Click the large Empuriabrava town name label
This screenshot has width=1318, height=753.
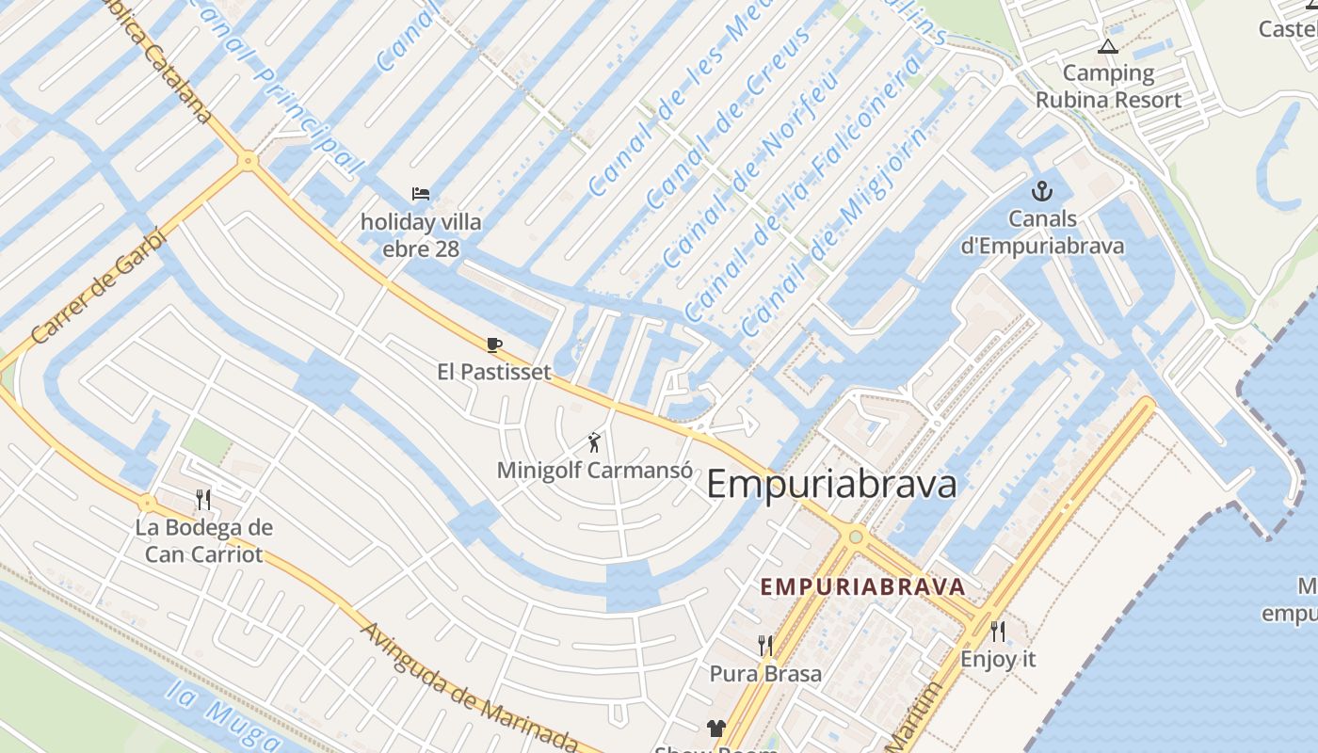pyautogui.click(x=831, y=485)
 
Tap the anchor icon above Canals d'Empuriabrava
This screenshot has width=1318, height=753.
pyautogui.click(x=1041, y=192)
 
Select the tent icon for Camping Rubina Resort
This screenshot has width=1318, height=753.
pyautogui.click(x=1108, y=46)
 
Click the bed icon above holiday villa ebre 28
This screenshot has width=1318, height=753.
pyautogui.click(x=421, y=194)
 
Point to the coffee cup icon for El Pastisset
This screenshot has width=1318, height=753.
pyautogui.click(x=494, y=344)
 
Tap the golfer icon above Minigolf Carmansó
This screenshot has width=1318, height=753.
pyautogui.click(x=593, y=441)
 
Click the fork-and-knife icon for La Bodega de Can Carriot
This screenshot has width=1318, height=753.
pyautogui.click(x=203, y=498)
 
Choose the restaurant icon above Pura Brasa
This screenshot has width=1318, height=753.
pyautogui.click(x=765, y=645)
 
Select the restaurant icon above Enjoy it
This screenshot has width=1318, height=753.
pyautogui.click(x=998, y=630)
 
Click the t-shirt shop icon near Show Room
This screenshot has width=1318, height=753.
pyautogui.click(x=716, y=728)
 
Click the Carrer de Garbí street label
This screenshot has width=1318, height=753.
pyautogui.click(x=98, y=288)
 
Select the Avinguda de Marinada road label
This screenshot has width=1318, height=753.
pyautogui.click(x=468, y=687)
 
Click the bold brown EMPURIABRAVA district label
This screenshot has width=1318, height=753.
pyautogui.click(x=862, y=587)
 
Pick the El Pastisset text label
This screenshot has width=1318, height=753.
pyautogui.click(x=494, y=372)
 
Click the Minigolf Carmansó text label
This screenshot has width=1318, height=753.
pyautogui.click(x=594, y=470)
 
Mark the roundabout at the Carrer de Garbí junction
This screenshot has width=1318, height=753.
pyautogui.click(x=248, y=161)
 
